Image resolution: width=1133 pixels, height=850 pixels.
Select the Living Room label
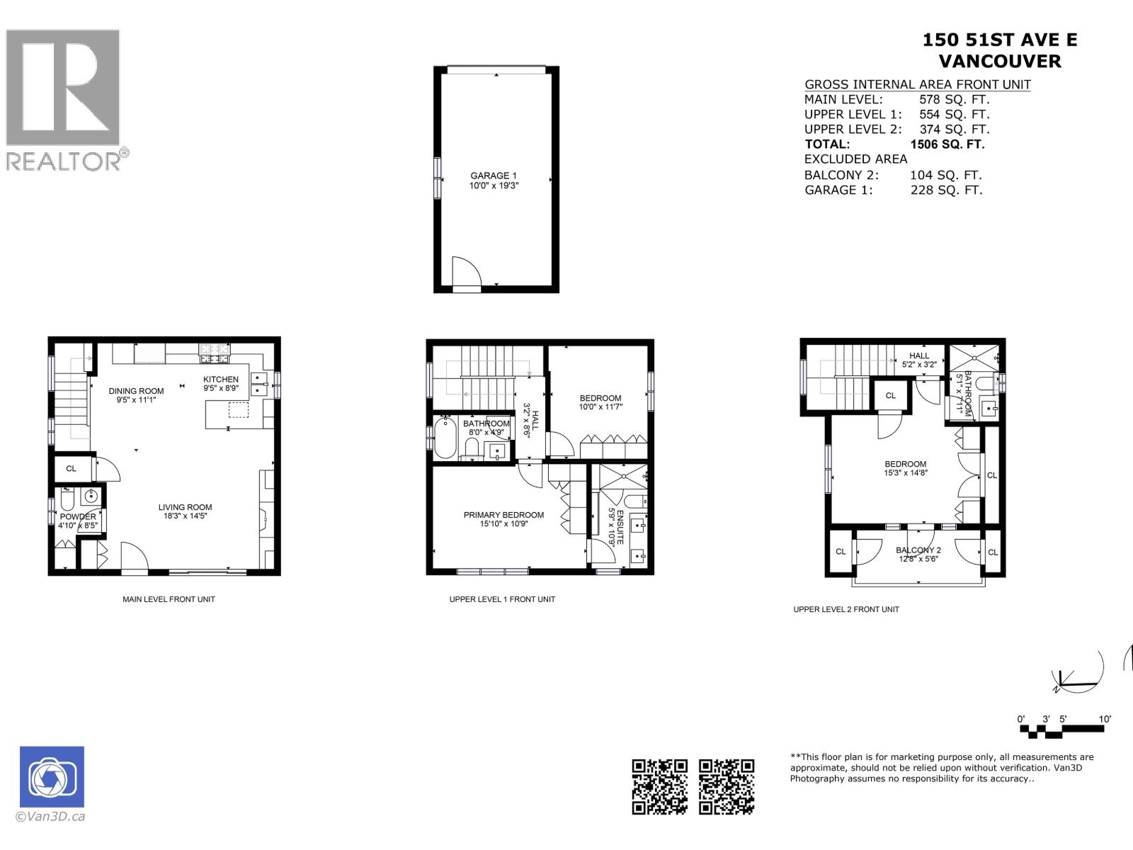(185, 507)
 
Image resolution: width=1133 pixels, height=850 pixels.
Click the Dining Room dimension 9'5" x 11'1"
(136, 400)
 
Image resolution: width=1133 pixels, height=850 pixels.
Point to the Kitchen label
(221, 379)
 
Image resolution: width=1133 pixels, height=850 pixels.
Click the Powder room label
(78, 516)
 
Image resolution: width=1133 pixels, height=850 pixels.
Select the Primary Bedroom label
(503, 515)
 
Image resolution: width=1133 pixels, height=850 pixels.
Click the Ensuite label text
(620, 526)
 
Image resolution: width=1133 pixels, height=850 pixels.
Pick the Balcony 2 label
(918, 550)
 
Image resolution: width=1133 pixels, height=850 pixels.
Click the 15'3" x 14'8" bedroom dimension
(905, 473)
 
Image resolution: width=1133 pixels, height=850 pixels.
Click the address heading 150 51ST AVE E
(999, 40)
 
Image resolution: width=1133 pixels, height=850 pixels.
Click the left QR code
(659, 786)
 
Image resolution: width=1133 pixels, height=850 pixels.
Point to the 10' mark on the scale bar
(1105, 719)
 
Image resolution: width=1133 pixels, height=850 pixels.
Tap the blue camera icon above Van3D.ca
(52, 777)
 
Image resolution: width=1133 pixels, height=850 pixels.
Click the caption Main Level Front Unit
(169, 599)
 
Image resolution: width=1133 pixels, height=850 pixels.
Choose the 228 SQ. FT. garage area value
(946, 190)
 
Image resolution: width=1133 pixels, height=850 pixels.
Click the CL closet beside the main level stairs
(72, 468)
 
